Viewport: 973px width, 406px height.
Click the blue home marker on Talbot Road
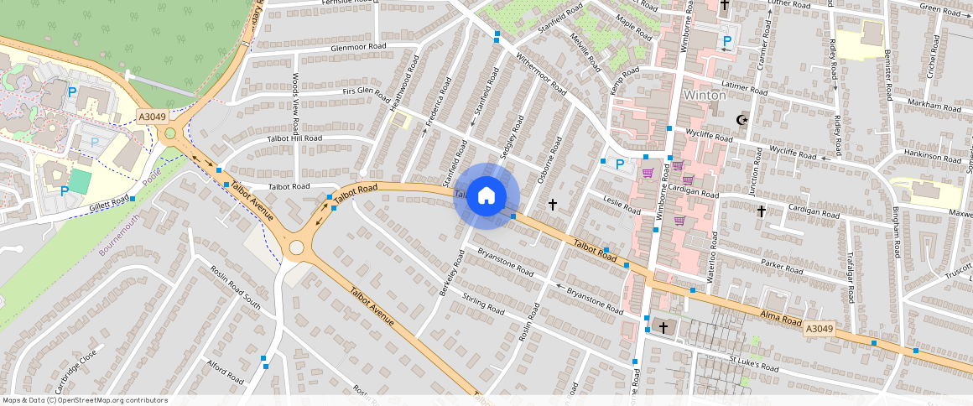486,196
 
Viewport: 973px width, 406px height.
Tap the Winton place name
705,95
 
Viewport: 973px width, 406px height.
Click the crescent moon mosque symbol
741,121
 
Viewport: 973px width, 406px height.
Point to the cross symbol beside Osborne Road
552,204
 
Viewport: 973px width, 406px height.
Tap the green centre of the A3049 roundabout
170,133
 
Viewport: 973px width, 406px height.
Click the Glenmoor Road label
358,47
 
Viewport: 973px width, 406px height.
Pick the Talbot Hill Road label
294,138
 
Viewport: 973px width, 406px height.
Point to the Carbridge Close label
76,371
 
